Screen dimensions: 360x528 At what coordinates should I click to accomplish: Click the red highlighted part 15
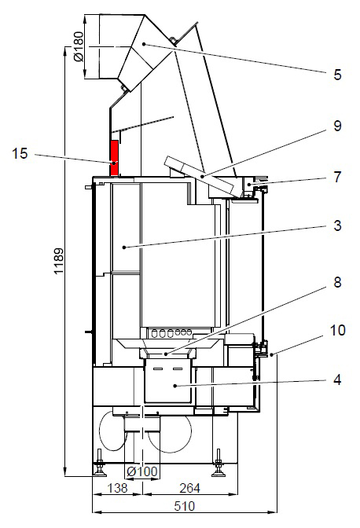point(114,158)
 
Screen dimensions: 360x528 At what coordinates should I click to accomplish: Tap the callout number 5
point(337,75)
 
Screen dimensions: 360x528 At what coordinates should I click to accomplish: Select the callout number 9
point(337,126)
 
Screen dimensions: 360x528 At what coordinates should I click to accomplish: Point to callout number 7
point(337,177)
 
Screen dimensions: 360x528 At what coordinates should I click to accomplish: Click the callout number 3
point(337,225)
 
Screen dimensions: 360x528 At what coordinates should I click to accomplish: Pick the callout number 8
point(337,282)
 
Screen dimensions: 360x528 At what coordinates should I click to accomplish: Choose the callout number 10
point(337,330)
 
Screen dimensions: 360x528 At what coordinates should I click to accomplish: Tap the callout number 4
point(337,379)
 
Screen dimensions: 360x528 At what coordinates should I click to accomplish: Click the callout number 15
point(20,153)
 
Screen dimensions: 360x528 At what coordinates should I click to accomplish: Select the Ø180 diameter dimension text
point(78,46)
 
